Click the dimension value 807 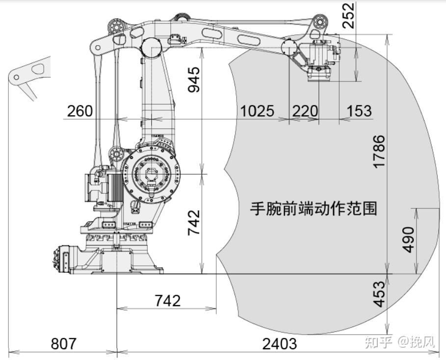(x=64, y=343)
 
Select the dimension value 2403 (x=279, y=343)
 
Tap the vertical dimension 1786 (x=379, y=152)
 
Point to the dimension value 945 (x=194, y=79)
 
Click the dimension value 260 (x=80, y=111)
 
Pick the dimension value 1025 (x=258, y=111)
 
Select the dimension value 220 (x=305, y=111)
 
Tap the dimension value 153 (x=359, y=111)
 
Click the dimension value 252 (x=348, y=15)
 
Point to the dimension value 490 (x=409, y=240)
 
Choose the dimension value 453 (x=379, y=294)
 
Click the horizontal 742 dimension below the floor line (x=167, y=301)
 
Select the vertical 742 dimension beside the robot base (x=194, y=223)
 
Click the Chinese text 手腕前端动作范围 (x=314, y=208)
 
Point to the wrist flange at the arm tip (x=319, y=74)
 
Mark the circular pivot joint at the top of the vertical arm (x=151, y=48)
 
